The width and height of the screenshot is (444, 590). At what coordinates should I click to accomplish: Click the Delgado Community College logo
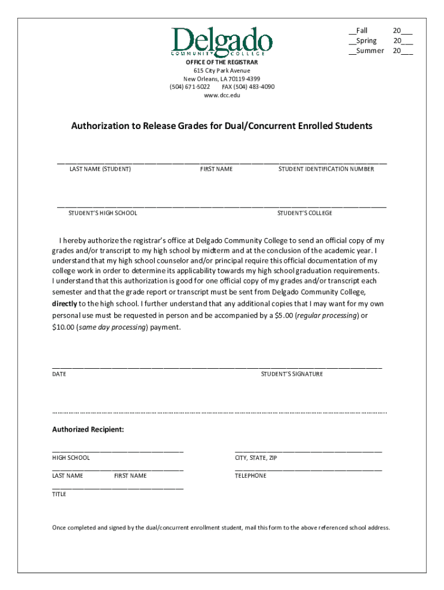click(x=221, y=41)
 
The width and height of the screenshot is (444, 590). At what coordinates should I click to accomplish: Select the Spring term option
click(x=366, y=41)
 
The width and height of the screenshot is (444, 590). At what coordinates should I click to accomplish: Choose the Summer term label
click(x=370, y=51)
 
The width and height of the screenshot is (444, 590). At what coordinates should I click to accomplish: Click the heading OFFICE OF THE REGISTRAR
click(x=221, y=62)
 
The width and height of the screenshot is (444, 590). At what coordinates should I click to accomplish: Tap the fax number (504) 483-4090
click(x=248, y=86)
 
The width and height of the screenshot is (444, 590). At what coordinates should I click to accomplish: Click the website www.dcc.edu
click(x=221, y=95)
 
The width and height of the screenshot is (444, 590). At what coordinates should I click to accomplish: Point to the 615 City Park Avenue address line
click(x=221, y=70)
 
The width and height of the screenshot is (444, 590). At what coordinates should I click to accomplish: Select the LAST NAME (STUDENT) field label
click(x=100, y=169)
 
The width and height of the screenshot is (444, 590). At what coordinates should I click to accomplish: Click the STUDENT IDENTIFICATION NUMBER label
click(x=326, y=169)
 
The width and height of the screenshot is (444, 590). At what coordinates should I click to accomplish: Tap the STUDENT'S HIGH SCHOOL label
click(x=103, y=213)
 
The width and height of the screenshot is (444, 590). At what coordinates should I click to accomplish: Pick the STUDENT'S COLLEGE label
click(x=304, y=213)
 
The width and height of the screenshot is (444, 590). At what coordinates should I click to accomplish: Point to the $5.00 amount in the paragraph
click(x=281, y=316)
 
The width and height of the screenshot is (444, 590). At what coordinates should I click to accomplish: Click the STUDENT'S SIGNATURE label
click(x=292, y=374)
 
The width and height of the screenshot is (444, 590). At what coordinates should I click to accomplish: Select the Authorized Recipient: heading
click(x=88, y=430)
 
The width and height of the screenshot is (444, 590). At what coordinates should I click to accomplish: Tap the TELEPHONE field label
click(x=250, y=476)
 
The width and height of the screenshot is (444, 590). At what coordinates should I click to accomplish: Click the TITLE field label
click(x=59, y=494)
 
